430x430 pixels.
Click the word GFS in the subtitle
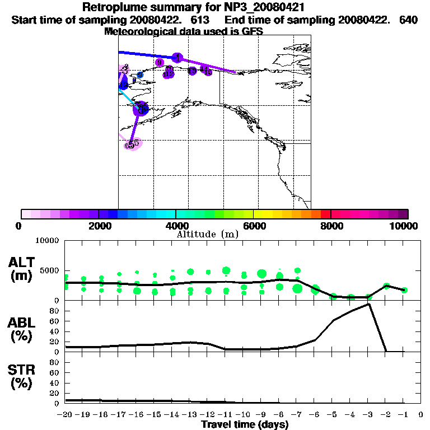(253, 31)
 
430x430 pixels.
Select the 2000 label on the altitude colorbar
(98, 226)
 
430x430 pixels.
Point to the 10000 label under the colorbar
(404, 226)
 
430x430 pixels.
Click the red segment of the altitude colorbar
(325, 214)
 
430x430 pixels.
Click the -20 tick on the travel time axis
(65, 415)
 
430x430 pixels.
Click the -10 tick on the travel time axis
(243, 415)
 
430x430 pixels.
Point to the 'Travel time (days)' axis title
(245, 425)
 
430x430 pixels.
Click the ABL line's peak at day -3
(369, 304)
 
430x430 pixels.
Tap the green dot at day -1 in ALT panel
(404, 290)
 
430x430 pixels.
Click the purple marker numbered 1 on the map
(177, 58)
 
